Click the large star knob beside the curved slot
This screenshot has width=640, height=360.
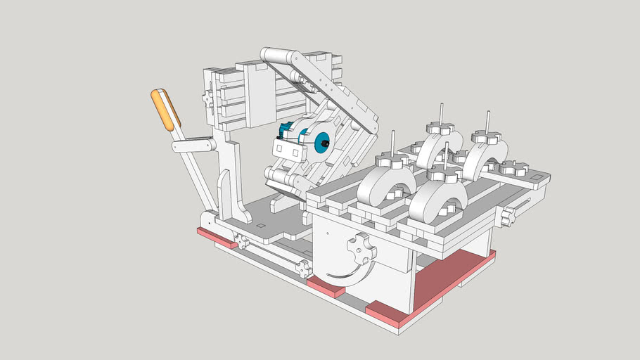tap(361, 248)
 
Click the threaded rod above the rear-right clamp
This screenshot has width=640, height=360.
tap(487, 120)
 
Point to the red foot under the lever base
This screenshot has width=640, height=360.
tap(216, 237)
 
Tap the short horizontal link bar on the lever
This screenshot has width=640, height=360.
tap(195, 146)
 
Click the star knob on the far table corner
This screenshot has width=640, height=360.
tap(513, 169)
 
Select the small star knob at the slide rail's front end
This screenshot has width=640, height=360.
tap(303, 269)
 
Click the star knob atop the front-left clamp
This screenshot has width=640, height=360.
tap(392, 161)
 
